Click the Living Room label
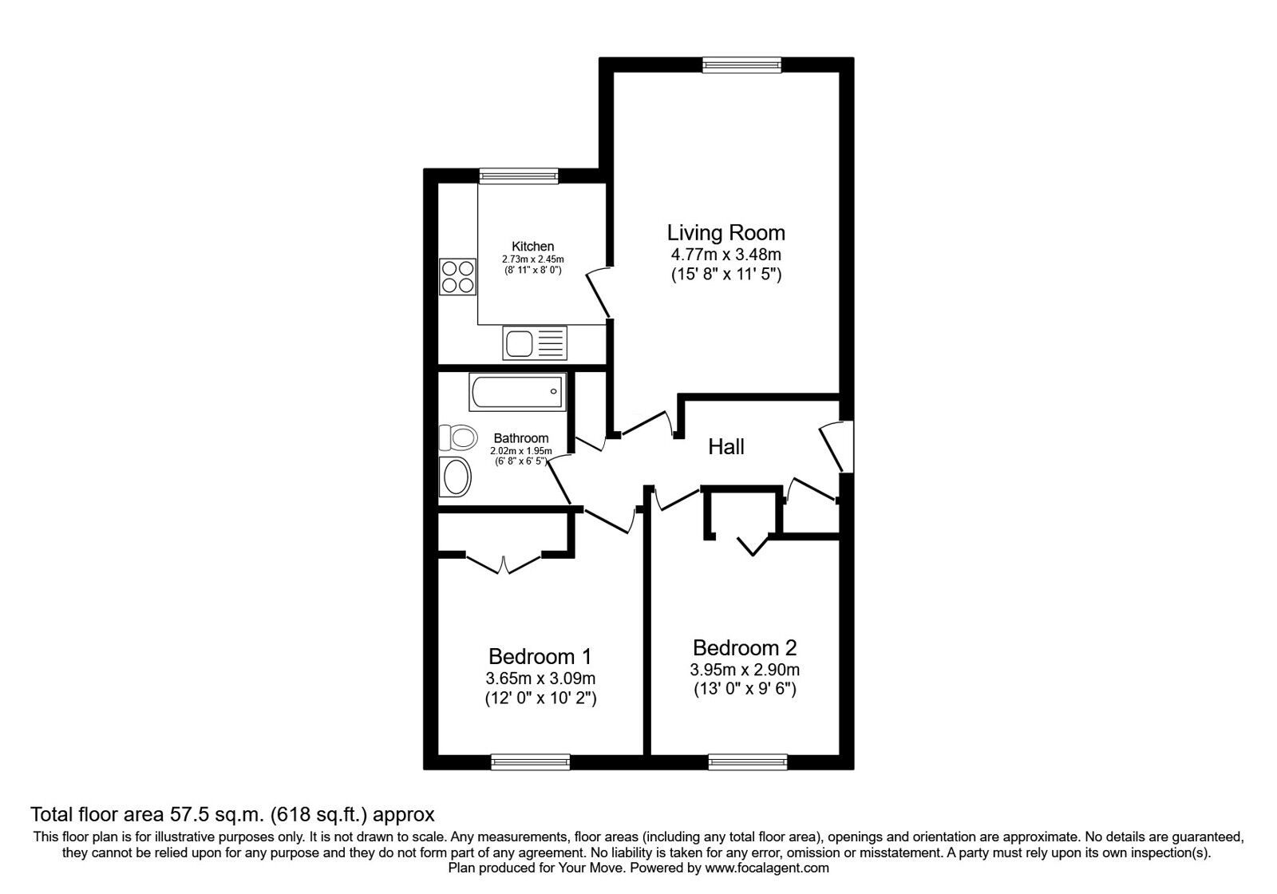pos(725,232)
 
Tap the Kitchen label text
pos(532,247)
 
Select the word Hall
pos(725,446)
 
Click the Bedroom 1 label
pos(540,657)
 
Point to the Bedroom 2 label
pos(745,647)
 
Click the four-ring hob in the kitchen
pos(457,276)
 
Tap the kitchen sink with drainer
pos(535,342)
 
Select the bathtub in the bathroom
pos(517,392)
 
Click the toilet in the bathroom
pos(458,438)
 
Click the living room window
pos(741,65)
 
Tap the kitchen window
pos(518,176)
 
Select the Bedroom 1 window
pos(530,761)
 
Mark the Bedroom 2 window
pos(747,761)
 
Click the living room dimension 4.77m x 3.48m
pos(725,255)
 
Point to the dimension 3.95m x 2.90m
pos(745,670)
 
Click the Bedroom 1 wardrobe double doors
pos(504,562)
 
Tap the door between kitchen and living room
pos(599,294)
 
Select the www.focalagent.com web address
pos(767,868)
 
